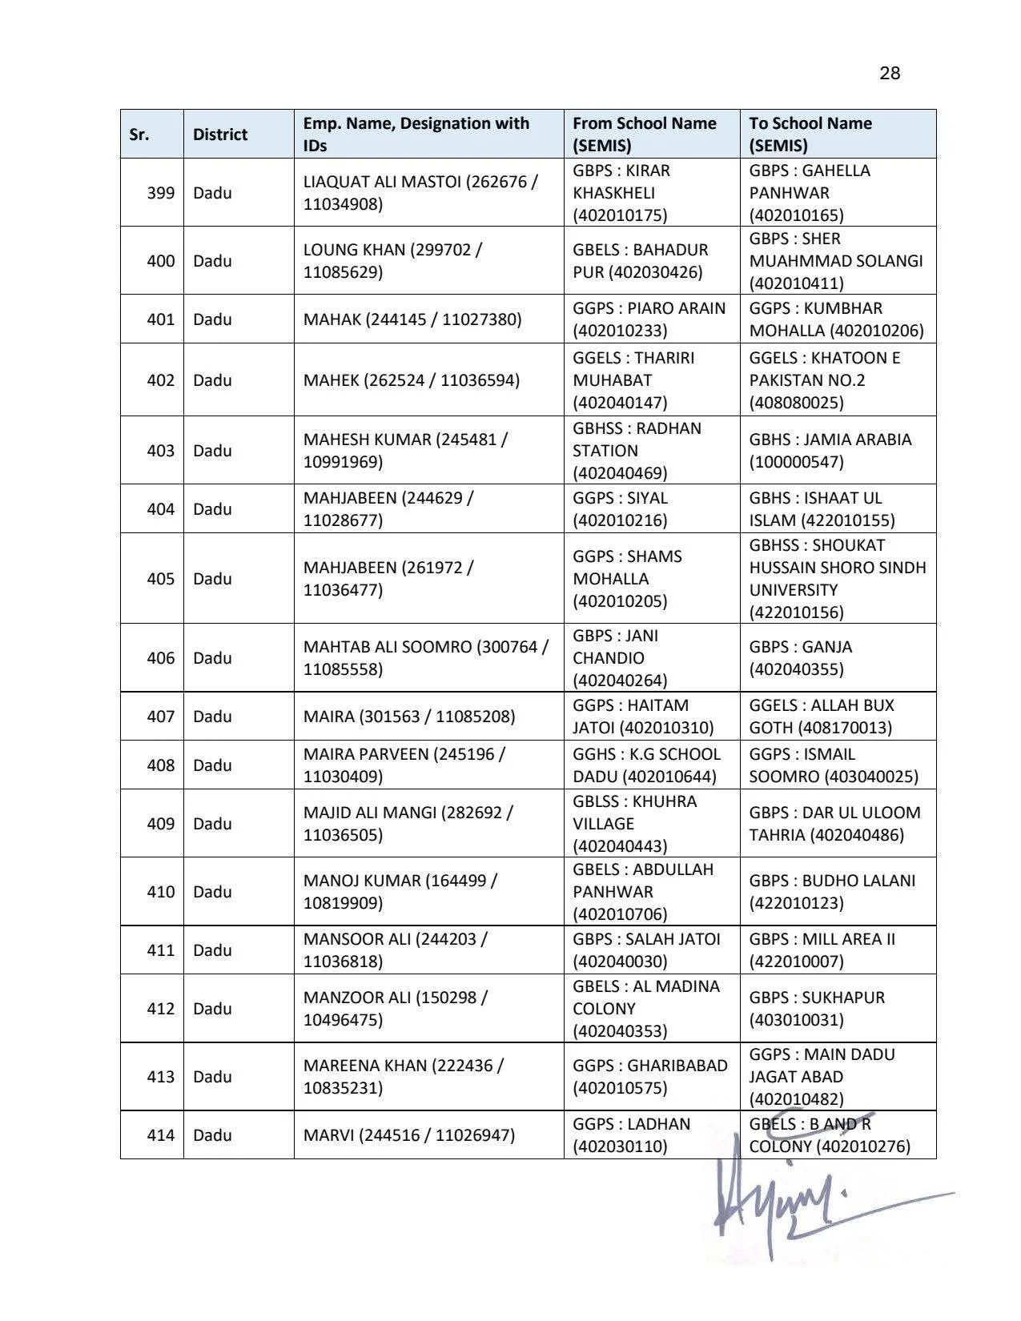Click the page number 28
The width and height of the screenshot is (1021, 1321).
(890, 74)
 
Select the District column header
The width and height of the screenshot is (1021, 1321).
(220, 135)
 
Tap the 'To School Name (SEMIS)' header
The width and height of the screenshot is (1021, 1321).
(810, 135)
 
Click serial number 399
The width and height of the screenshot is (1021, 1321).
(160, 193)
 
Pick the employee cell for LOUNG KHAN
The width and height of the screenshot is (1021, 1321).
(392, 261)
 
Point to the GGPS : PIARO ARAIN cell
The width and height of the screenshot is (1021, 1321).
(649, 319)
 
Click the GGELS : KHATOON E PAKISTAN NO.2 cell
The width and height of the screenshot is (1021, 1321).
(825, 380)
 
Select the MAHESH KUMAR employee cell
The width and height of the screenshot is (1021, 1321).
(405, 451)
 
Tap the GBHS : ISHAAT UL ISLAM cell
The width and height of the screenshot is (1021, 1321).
(822, 509)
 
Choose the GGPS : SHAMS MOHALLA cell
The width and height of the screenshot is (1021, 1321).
(627, 579)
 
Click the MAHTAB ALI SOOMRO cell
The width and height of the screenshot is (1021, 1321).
(425, 658)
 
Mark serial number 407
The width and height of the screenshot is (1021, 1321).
(160, 717)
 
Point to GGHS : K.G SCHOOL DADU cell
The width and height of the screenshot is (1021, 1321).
(646, 765)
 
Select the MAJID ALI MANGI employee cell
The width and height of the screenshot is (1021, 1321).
(408, 824)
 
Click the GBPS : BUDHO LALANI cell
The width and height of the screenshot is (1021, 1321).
(832, 892)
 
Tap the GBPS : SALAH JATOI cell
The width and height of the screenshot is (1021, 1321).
(646, 950)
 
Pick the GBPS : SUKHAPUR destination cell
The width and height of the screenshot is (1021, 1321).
(817, 1009)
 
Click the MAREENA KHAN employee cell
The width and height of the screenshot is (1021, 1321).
(403, 1077)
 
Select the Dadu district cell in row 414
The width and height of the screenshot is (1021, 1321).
(212, 1135)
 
